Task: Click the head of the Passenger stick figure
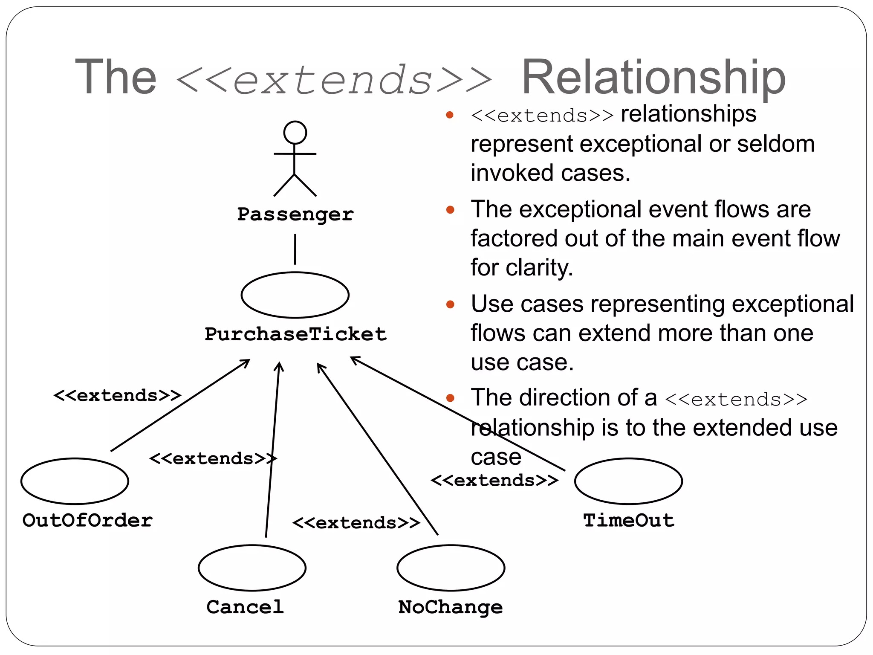pos(295,132)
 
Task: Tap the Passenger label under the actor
pos(295,214)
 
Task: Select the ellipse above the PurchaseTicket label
pos(295,295)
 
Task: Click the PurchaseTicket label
pos(295,334)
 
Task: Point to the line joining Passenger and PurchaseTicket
pos(295,249)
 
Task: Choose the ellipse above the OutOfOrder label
pos(75,481)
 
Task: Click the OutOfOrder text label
pos(87,520)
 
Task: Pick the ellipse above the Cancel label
pos(252,568)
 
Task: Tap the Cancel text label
pos(245,607)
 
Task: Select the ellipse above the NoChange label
pos(451,568)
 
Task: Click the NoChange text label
pos(450,607)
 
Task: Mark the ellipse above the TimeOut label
pos(628,481)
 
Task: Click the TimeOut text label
pos(628,520)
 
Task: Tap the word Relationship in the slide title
pos(653,78)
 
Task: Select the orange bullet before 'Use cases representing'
pos(450,304)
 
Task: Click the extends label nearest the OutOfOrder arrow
pos(117,395)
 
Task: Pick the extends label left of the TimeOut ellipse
pos(494,481)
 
